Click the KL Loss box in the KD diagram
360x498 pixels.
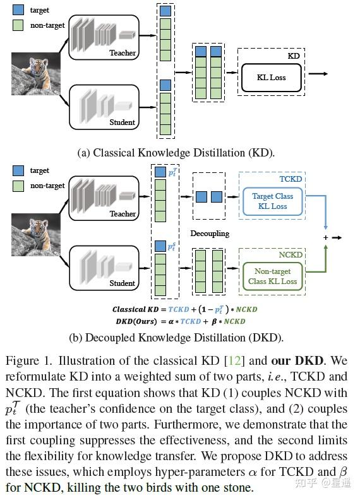point(270,78)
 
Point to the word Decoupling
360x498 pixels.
point(208,234)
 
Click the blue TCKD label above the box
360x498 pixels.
point(291,179)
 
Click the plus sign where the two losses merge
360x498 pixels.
point(326,237)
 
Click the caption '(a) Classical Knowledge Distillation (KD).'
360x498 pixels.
point(176,152)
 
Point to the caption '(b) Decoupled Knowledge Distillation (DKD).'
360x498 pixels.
point(176,337)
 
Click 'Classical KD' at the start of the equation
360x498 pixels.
point(137,309)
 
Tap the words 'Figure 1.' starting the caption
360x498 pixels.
point(27,362)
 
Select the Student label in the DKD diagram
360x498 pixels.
point(122,283)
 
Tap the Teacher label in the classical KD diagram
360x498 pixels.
point(123,53)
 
